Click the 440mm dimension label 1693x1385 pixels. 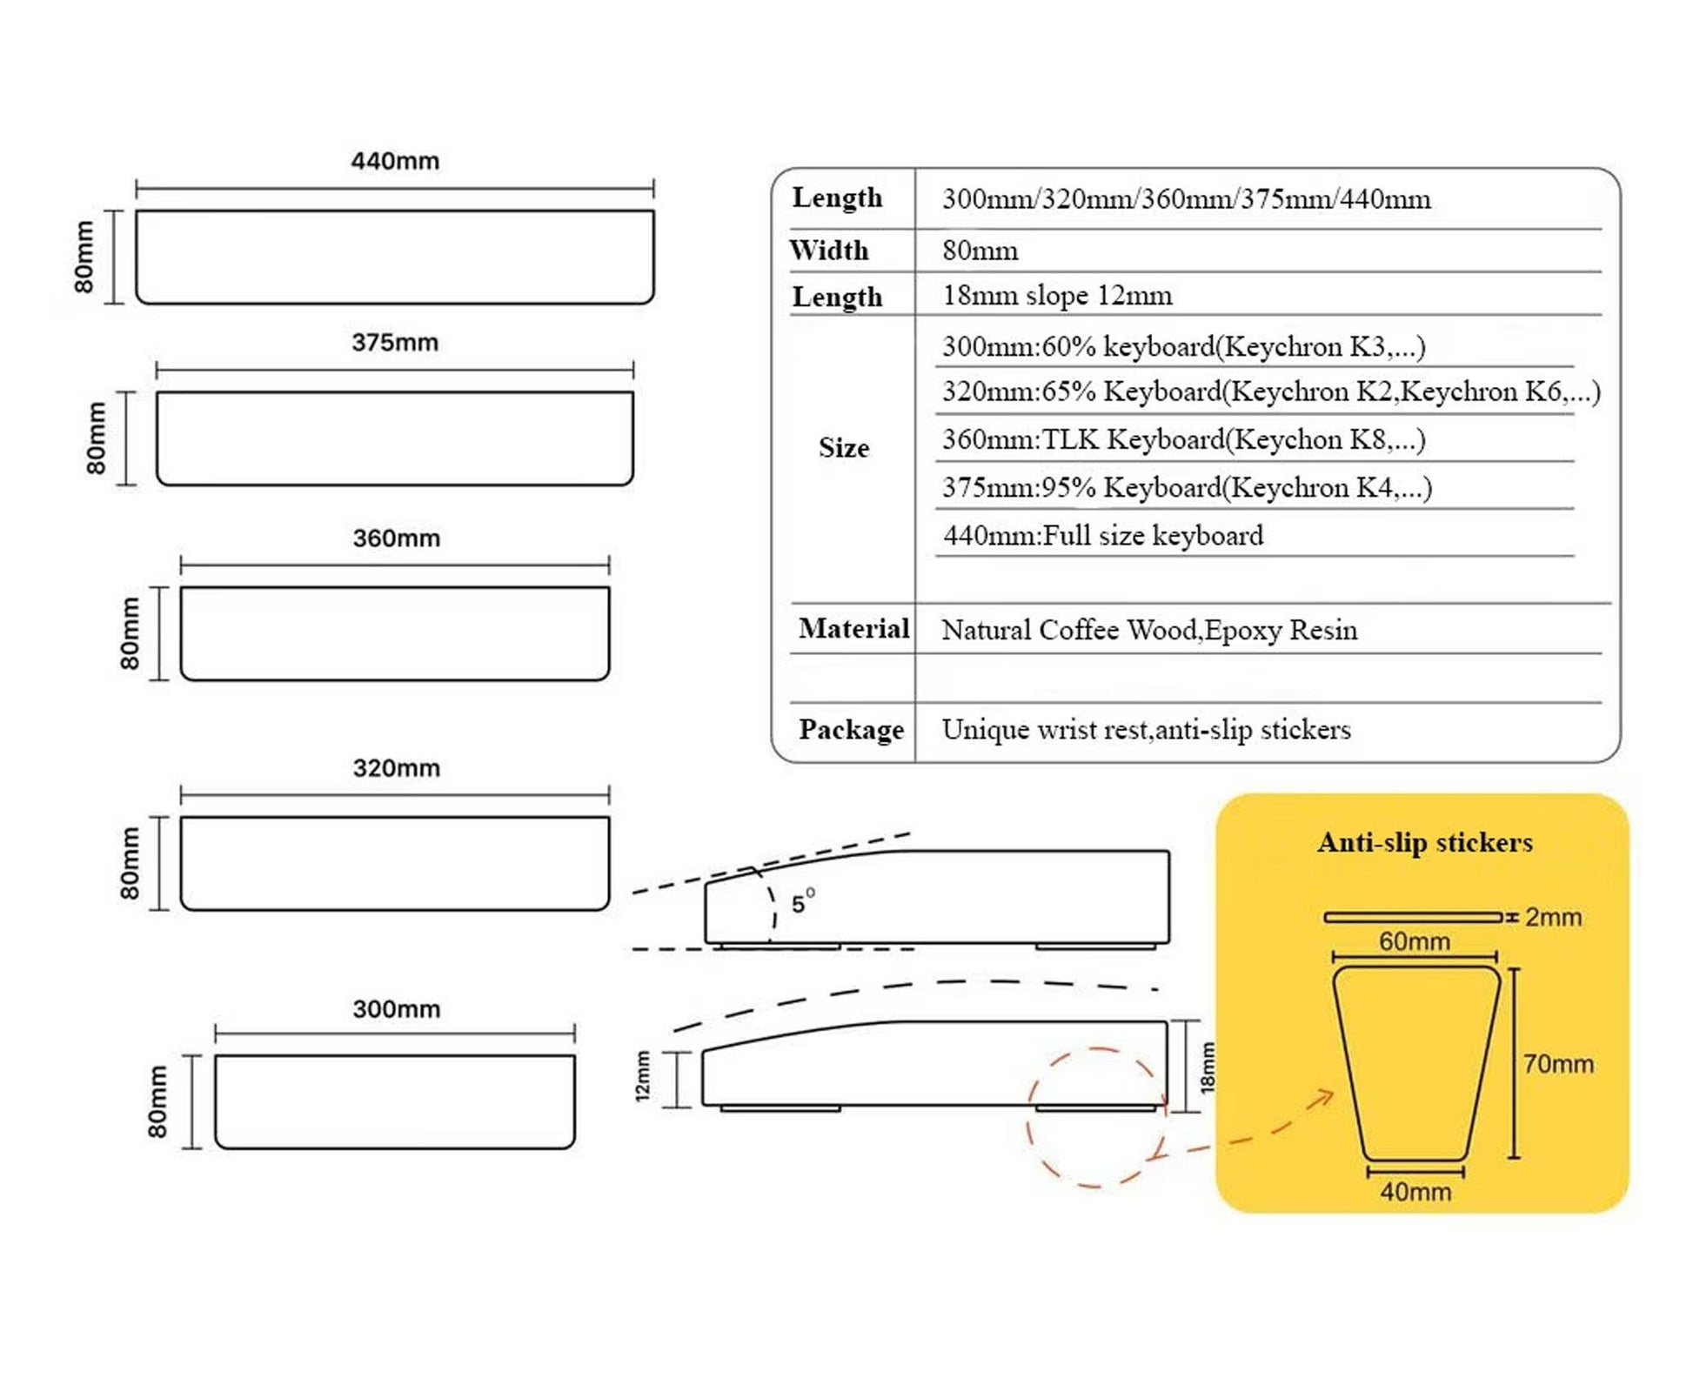395,161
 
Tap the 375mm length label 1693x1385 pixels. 395,342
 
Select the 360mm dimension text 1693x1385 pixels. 396,538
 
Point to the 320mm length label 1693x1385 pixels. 396,768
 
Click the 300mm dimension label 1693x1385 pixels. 396,1009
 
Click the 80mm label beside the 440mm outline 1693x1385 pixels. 84,257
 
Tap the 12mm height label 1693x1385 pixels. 643,1076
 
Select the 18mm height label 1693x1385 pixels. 1208,1067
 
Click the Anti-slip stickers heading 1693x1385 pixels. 1424,842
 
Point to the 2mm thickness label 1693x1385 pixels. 1553,917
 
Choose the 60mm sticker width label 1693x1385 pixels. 1415,941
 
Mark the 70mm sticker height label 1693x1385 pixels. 1558,1063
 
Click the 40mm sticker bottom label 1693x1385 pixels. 1415,1192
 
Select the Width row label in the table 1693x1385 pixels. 829,251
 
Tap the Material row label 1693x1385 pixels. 853,628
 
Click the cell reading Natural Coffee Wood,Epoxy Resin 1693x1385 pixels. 1148,630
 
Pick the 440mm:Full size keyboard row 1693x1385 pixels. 1103,535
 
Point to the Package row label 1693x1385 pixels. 851,729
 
